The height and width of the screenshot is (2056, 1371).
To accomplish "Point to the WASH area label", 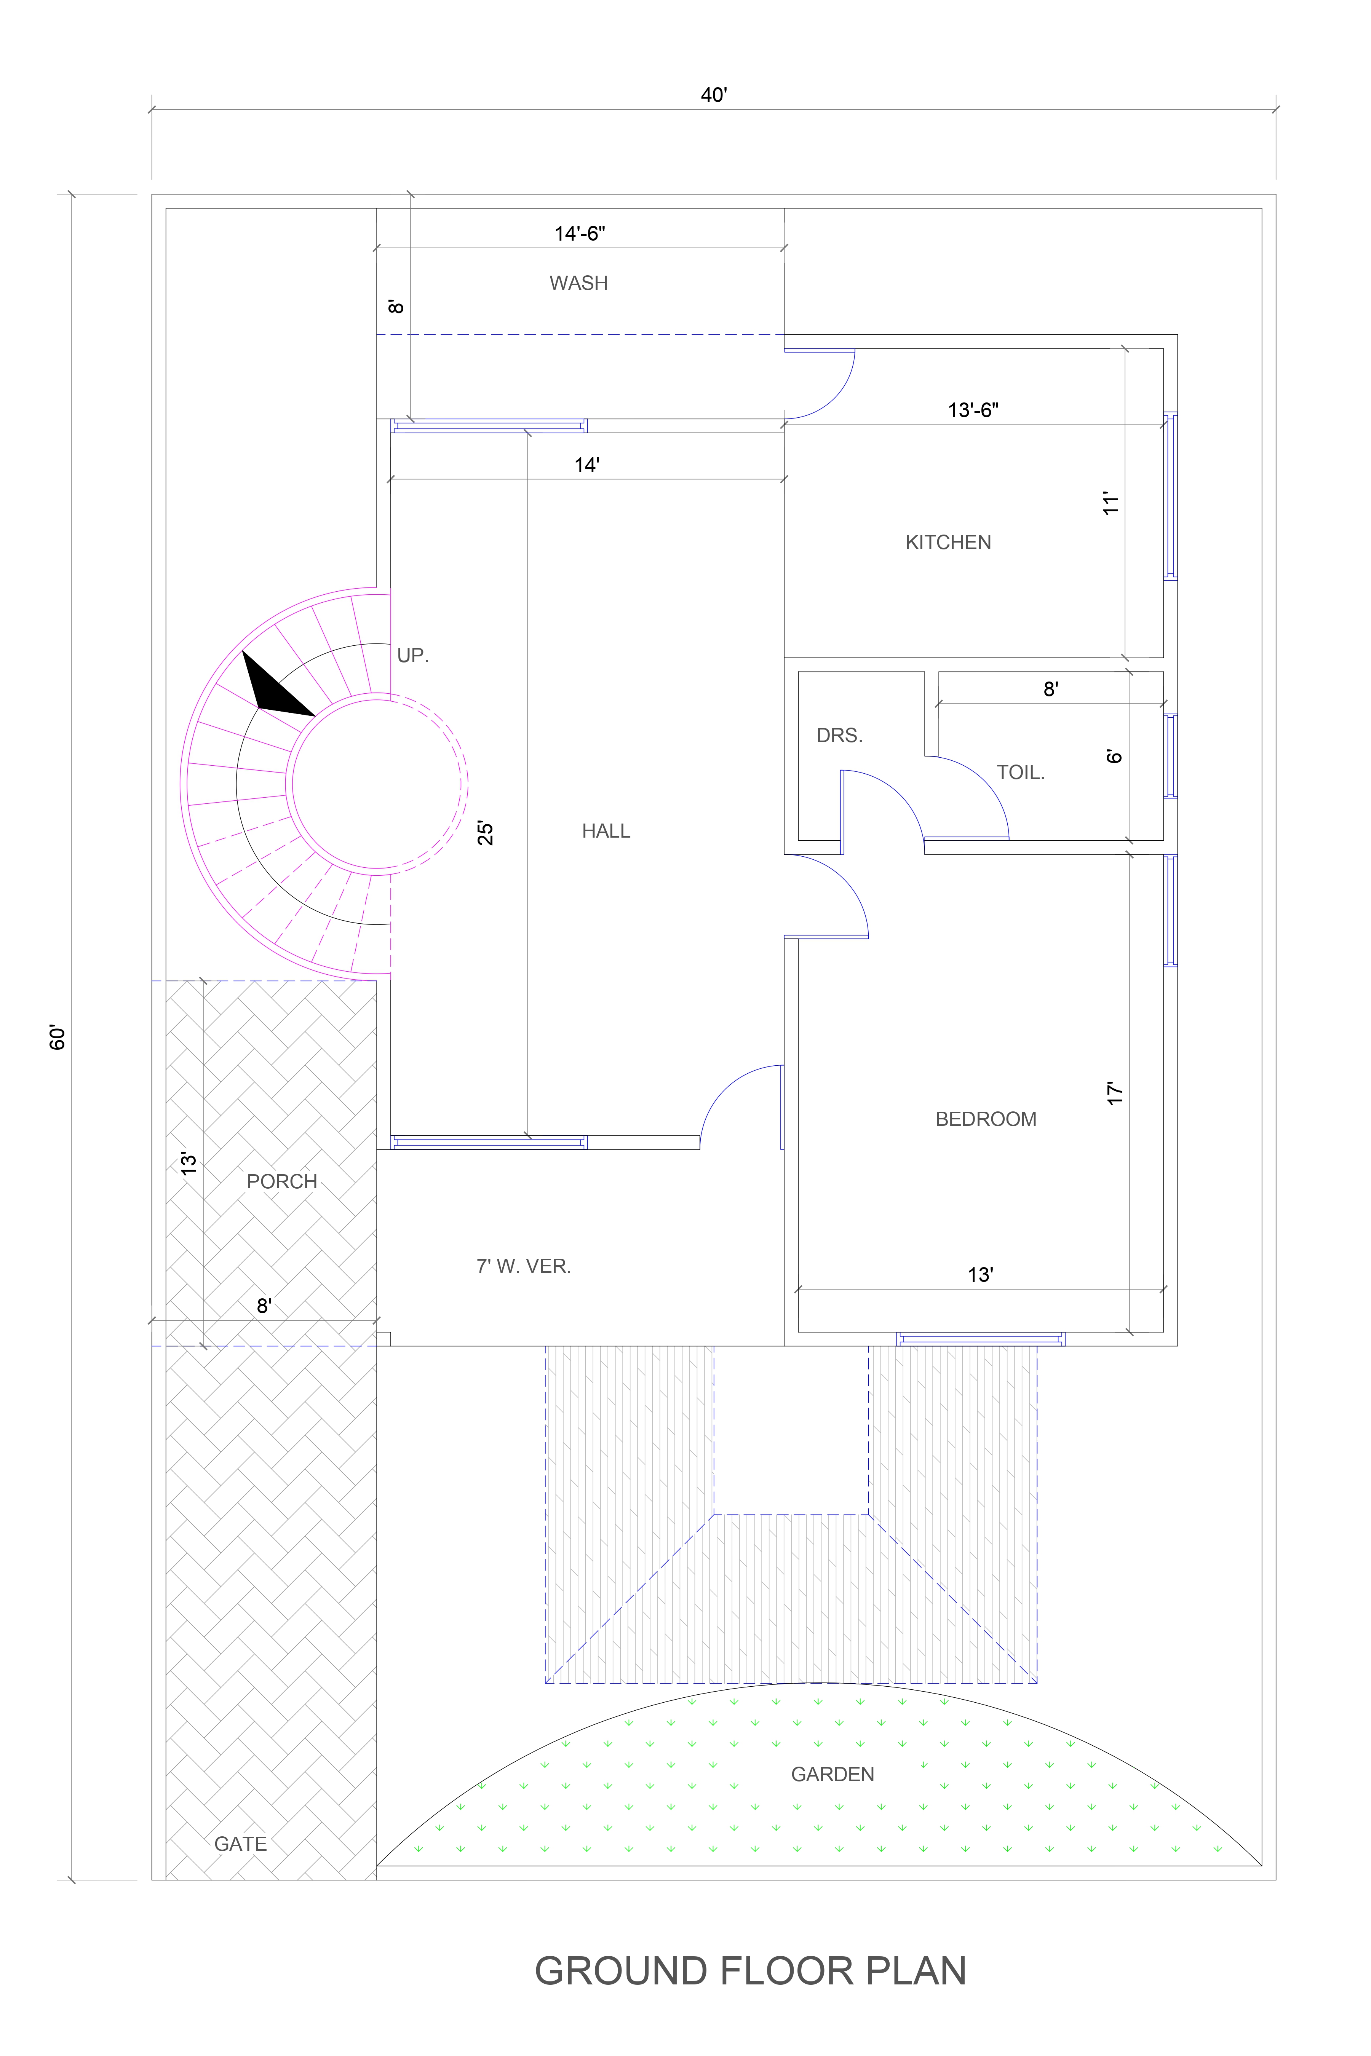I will pos(578,283).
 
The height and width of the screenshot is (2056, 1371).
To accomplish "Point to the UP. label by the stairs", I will pos(413,656).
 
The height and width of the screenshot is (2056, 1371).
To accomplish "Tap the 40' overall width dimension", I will pos(713,94).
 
